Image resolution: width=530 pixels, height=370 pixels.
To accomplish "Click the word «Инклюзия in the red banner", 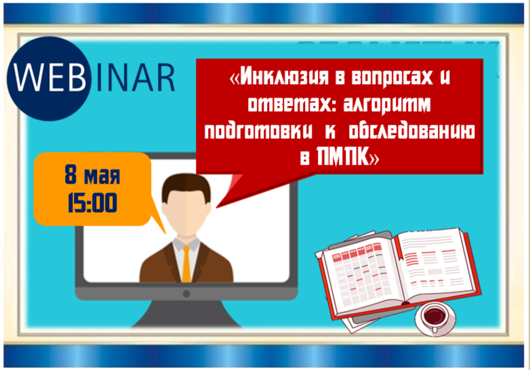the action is [279, 77].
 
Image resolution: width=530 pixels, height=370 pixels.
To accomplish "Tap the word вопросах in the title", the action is [392, 77].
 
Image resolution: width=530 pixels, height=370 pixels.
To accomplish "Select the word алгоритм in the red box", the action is [387, 104].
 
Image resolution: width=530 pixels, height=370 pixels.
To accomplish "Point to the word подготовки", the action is [259, 131].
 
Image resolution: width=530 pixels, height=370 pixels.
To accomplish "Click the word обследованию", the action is [411, 131].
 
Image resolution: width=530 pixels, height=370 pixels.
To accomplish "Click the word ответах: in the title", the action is [291, 104].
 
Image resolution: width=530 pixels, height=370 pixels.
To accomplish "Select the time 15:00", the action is [92, 203].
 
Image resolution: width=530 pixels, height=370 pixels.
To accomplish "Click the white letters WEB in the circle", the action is [50, 79].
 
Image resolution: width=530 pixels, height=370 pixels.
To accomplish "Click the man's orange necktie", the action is [186, 264].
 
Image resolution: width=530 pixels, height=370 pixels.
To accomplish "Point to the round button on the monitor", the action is [186, 293].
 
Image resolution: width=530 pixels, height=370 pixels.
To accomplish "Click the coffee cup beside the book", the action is [435, 318].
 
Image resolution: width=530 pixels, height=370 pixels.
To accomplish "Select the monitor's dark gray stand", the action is [186, 314].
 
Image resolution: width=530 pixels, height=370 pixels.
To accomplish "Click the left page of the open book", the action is [361, 274].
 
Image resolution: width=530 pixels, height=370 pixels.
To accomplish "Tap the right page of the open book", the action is [435, 264].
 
